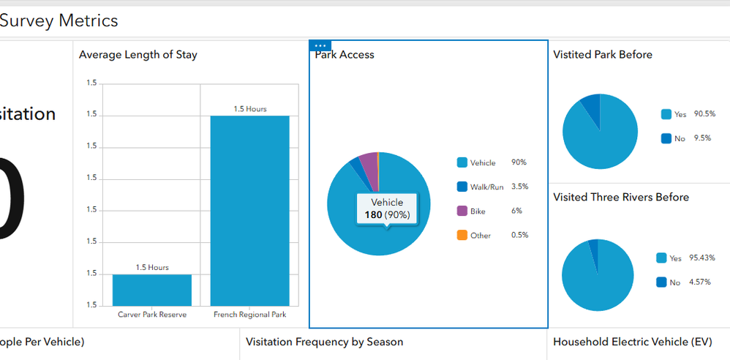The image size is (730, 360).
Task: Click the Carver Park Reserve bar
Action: point(152,290)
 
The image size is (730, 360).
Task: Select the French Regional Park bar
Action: point(250,210)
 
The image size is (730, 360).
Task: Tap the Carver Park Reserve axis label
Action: point(152,315)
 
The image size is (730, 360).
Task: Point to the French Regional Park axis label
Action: point(250,315)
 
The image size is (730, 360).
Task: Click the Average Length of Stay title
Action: point(138,54)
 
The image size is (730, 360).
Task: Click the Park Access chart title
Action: point(345,54)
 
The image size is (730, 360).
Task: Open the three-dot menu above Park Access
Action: point(320,45)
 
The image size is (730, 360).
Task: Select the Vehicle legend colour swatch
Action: point(462,162)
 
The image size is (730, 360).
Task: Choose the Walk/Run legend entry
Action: point(486,187)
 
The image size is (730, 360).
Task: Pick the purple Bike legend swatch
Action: point(462,211)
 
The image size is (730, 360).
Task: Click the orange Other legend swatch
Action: point(462,235)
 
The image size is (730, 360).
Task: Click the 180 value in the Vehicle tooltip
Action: point(373,215)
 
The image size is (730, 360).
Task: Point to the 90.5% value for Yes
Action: point(704,114)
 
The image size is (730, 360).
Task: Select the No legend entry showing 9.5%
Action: point(680,138)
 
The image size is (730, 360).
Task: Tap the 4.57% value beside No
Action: point(700,282)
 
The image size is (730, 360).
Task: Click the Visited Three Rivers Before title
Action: point(621,197)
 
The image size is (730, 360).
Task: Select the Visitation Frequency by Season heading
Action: point(324,342)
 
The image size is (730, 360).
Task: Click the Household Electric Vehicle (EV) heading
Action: point(631,342)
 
